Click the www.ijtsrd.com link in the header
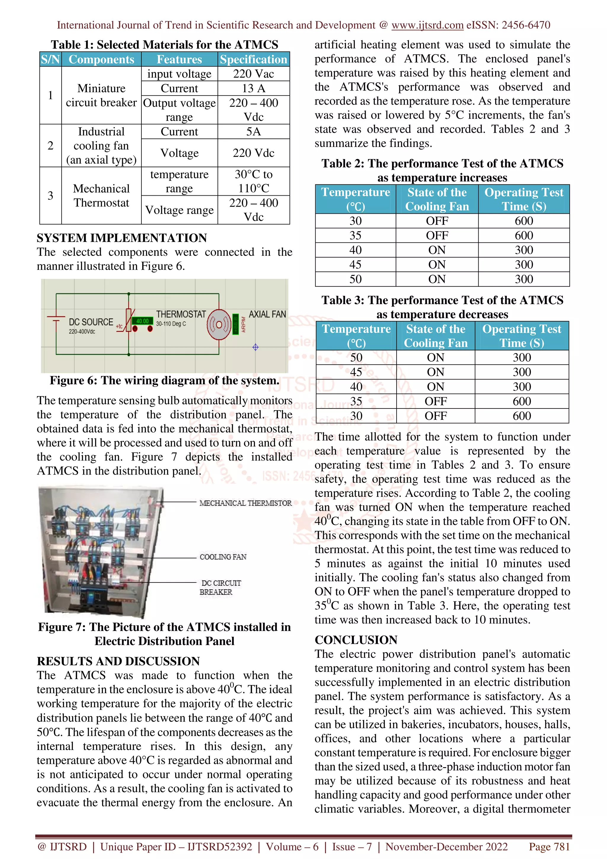pyautogui.click(x=427, y=25)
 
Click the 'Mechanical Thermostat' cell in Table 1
pyautogui.click(x=101, y=196)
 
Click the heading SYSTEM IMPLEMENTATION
pyautogui.click(x=122, y=238)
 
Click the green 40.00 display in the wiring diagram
pyautogui.click(x=143, y=321)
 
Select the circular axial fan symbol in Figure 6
pyautogui.click(x=219, y=324)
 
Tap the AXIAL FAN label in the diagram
pyautogui.click(x=267, y=314)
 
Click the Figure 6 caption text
pyautogui.click(x=164, y=381)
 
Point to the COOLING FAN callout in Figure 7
pyautogui.click(x=223, y=557)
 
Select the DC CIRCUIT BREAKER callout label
pyautogui.click(x=220, y=587)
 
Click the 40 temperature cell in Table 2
pyautogui.click(x=355, y=250)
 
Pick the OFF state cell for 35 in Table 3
pyautogui.click(x=435, y=401)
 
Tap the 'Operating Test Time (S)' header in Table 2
pyautogui.click(x=524, y=199)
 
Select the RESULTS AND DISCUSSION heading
pyautogui.click(x=118, y=661)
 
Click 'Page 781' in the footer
pyautogui.click(x=549, y=847)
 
